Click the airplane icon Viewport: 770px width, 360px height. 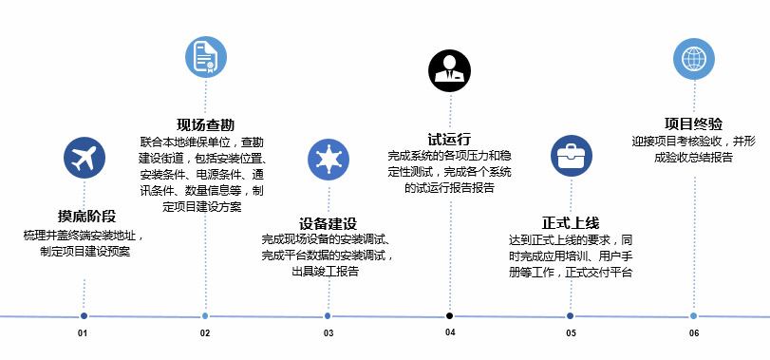coord(84,158)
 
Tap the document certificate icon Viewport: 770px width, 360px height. coord(206,57)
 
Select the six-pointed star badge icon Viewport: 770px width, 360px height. coord(329,160)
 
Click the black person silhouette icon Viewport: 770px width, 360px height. coord(449,70)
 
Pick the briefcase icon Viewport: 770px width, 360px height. coord(572,156)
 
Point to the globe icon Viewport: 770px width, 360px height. coord(694,59)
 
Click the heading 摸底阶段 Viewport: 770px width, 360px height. coord(87,217)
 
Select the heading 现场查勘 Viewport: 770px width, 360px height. coord(206,124)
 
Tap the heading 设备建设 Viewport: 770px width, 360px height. coord(329,224)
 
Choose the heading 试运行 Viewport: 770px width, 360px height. coord(449,139)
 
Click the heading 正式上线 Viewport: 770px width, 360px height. coord(571,223)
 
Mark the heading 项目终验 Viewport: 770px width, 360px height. coord(693,123)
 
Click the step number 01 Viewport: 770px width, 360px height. coord(83,333)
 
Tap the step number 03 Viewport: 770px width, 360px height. coord(329,333)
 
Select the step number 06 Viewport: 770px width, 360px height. coord(694,333)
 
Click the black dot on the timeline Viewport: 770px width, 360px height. coord(449,315)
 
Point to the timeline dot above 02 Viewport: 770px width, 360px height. coord(205,315)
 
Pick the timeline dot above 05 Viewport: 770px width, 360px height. coord(570,315)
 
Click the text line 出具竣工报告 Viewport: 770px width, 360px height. coord(325,271)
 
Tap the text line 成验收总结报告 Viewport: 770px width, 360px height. coord(693,158)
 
